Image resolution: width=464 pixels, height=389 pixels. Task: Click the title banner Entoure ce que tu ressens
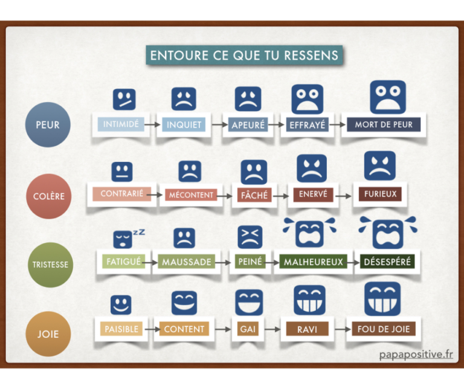[244, 55]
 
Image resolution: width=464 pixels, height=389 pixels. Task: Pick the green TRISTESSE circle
[50, 265]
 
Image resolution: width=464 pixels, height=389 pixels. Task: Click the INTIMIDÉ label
[121, 124]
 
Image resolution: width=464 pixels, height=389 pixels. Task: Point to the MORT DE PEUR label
[384, 125]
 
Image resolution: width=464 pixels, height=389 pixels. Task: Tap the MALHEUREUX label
[312, 262]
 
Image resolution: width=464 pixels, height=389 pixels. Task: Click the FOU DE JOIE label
[383, 330]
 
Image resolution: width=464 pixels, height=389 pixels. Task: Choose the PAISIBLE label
[121, 330]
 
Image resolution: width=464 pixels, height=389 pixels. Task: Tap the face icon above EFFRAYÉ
[308, 100]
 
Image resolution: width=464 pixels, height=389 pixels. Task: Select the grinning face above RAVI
[309, 300]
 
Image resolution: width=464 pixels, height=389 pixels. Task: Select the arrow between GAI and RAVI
[269, 330]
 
